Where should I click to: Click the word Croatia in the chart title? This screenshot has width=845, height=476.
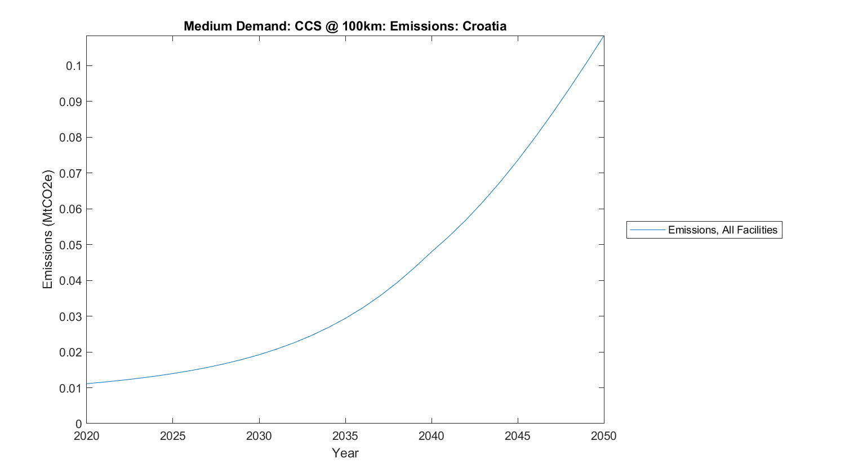click(x=484, y=26)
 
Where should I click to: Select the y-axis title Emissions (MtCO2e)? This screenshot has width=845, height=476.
click(x=47, y=229)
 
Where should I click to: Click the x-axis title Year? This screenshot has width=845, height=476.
click(x=345, y=453)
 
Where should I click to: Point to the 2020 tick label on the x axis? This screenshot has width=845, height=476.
click(x=86, y=436)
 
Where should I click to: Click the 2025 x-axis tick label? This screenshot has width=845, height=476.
click(x=172, y=436)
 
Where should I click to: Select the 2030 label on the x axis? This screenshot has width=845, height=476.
click(x=259, y=436)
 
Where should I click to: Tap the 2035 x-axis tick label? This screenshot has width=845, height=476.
click(x=345, y=436)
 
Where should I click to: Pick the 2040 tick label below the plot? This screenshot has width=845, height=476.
click(x=431, y=436)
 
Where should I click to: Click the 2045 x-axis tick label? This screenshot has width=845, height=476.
click(x=517, y=436)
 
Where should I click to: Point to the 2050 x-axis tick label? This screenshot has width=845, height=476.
click(x=604, y=436)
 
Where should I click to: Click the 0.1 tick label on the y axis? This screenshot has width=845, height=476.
click(x=73, y=66)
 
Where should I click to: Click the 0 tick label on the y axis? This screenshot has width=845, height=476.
click(x=78, y=424)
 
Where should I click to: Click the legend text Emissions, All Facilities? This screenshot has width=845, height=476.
click(x=722, y=230)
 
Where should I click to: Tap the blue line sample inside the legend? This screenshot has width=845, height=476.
click(x=647, y=230)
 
